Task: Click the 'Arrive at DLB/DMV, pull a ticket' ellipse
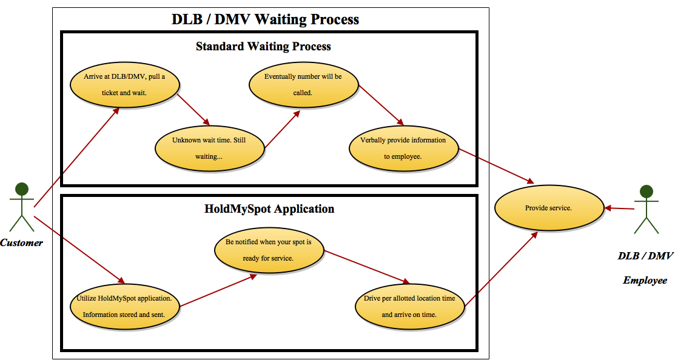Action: tap(124, 85)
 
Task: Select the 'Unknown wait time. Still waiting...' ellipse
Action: tap(209, 148)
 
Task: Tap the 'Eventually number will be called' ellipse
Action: tap(303, 85)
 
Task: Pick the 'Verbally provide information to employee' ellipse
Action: tap(403, 148)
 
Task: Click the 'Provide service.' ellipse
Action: tap(549, 208)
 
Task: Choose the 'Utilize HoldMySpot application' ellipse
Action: tap(124, 307)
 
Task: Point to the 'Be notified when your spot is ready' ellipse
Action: tap(269, 250)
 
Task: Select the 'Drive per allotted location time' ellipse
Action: tap(409, 307)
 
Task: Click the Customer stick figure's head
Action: tap(22, 189)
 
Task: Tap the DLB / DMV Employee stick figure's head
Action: tap(646, 192)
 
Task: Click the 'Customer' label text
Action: tap(22, 243)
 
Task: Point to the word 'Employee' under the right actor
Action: tap(645, 281)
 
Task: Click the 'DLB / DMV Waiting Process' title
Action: tap(265, 19)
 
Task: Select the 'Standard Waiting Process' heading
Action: tap(263, 46)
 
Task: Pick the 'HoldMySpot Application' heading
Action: tap(269, 209)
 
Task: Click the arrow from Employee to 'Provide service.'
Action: tap(619, 208)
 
